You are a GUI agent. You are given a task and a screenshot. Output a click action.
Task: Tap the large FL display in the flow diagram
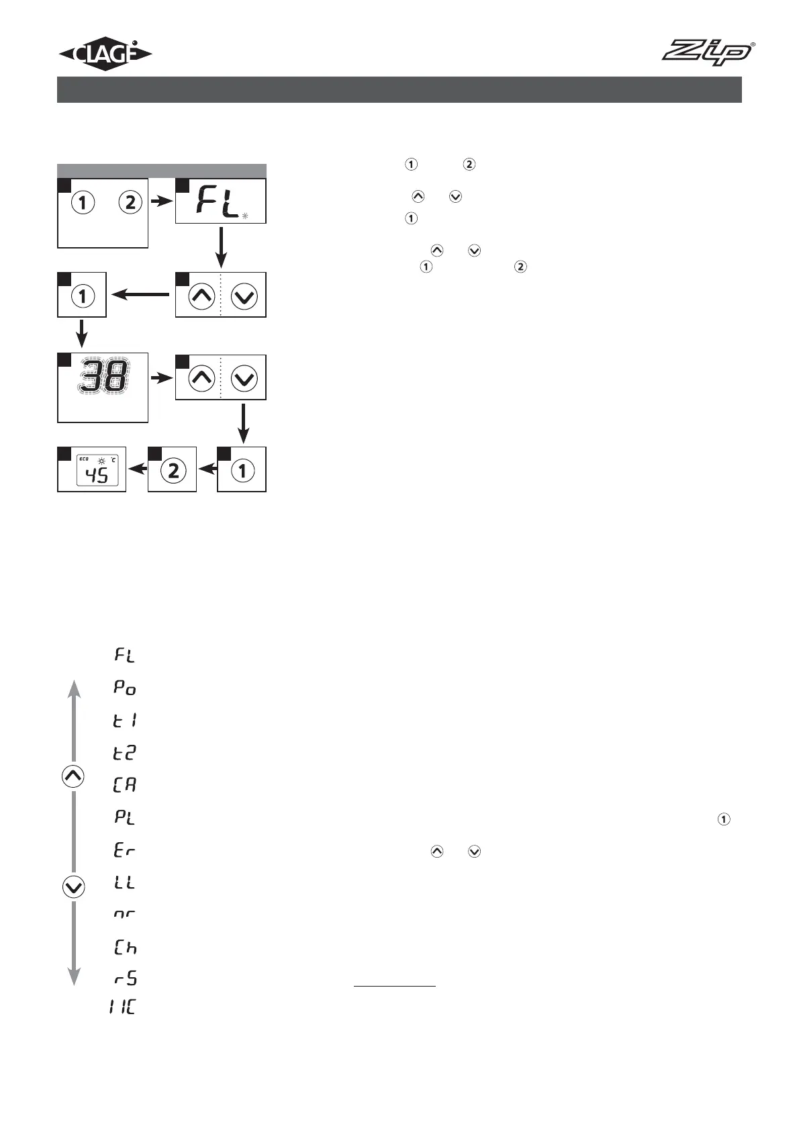219,201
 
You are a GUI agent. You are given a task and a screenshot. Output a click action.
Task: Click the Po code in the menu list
125,688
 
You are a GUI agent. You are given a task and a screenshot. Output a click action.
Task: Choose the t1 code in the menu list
125,720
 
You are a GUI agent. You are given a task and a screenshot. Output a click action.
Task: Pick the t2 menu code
125,752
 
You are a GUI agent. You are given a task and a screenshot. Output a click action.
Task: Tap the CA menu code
125,784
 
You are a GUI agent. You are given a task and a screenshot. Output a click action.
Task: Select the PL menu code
125,817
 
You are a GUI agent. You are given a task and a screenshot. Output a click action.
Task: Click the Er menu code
125,850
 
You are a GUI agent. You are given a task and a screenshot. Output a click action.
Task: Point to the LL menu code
125,882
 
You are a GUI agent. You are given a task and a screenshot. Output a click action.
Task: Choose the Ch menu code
125,948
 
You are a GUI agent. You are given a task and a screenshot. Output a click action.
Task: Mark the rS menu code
125,978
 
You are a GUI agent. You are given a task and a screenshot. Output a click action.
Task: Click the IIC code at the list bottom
122,1007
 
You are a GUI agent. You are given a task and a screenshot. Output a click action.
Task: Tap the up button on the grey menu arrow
73,776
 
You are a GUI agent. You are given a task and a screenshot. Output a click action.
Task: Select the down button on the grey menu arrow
73,887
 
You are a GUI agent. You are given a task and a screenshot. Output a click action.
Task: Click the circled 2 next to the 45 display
173,471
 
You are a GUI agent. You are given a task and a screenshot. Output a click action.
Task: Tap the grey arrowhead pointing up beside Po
74,688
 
